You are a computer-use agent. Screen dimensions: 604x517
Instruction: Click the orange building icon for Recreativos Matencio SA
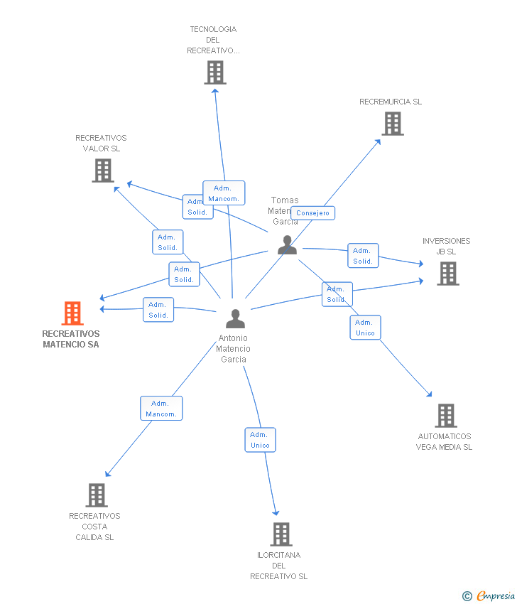[72, 313]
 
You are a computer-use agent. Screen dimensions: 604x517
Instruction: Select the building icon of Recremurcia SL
[392, 124]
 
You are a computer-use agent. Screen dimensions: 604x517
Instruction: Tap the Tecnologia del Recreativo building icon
[215, 72]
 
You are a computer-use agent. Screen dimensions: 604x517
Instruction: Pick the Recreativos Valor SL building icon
[103, 171]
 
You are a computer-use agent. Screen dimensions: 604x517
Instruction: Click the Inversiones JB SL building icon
[447, 274]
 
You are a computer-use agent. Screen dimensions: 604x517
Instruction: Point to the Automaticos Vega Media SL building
[445, 416]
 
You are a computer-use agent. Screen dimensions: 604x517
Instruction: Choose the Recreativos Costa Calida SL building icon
[96, 495]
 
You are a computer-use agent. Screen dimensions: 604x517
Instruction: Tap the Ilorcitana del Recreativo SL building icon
[281, 534]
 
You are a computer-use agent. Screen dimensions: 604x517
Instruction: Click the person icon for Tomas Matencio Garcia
[287, 244]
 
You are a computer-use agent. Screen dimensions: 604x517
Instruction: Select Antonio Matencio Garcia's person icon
[235, 319]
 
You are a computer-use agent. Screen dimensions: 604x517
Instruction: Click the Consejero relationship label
[312, 213]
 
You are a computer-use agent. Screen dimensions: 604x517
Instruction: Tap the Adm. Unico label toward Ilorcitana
[260, 440]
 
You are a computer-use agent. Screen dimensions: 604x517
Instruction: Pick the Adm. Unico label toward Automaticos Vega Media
[365, 328]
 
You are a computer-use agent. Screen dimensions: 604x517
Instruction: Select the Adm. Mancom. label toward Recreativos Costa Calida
[161, 409]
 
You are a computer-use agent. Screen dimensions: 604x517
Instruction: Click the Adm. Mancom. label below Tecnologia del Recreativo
[224, 193]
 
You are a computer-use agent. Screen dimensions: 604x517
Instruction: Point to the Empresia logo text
[496, 596]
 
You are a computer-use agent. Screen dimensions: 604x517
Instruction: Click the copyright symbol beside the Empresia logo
[467, 596]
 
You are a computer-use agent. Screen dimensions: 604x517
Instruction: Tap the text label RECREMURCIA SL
[391, 102]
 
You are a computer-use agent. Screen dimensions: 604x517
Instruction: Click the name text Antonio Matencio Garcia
[234, 349]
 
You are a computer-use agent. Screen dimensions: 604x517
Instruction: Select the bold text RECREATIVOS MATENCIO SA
[71, 339]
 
